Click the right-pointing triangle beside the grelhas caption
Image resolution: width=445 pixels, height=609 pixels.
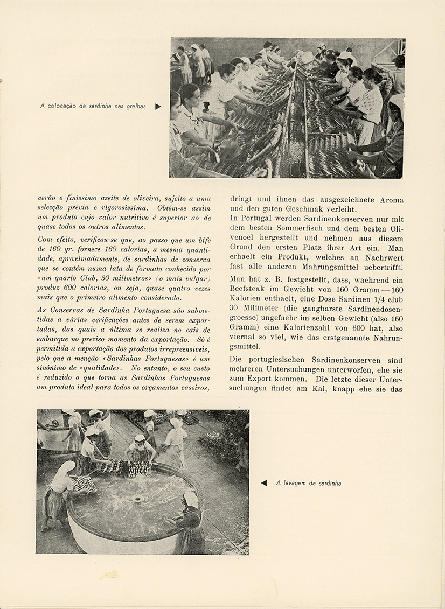click(158, 107)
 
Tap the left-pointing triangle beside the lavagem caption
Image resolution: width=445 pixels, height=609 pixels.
click(263, 483)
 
